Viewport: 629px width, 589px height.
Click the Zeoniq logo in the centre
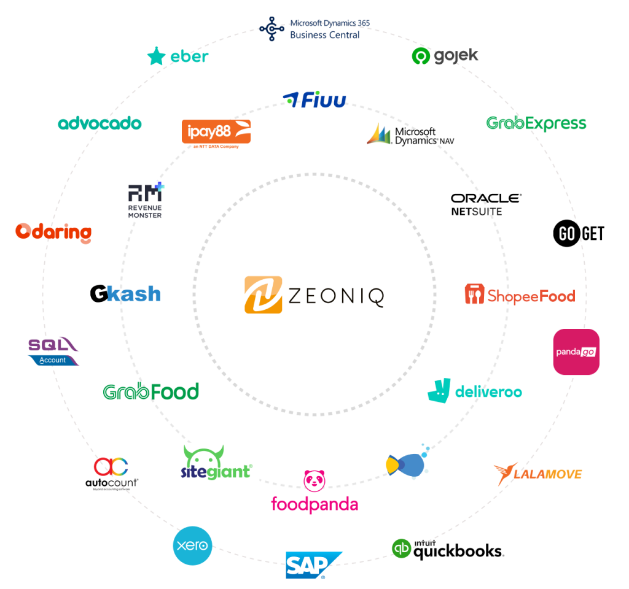(314, 295)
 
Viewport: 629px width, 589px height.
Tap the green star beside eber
(157, 56)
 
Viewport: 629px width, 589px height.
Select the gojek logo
(445, 56)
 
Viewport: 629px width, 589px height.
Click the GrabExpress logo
(536, 123)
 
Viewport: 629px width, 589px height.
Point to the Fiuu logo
(314, 99)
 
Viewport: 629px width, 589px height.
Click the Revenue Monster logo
(146, 199)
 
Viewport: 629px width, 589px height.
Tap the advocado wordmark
(100, 123)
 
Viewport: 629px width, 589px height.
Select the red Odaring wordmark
(53, 232)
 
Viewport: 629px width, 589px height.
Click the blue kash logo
(133, 294)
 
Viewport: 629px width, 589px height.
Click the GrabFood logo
(150, 391)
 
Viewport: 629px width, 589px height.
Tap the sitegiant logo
(217, 462)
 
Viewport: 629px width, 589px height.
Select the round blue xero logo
(192, 545)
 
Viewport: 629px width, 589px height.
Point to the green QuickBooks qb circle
(401, 548)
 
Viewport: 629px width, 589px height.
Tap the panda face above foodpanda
(314, 480)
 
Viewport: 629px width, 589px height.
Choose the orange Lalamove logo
(537, 474)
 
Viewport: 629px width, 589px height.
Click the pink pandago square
(576, 352)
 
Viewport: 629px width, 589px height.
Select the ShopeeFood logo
(520, 295)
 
